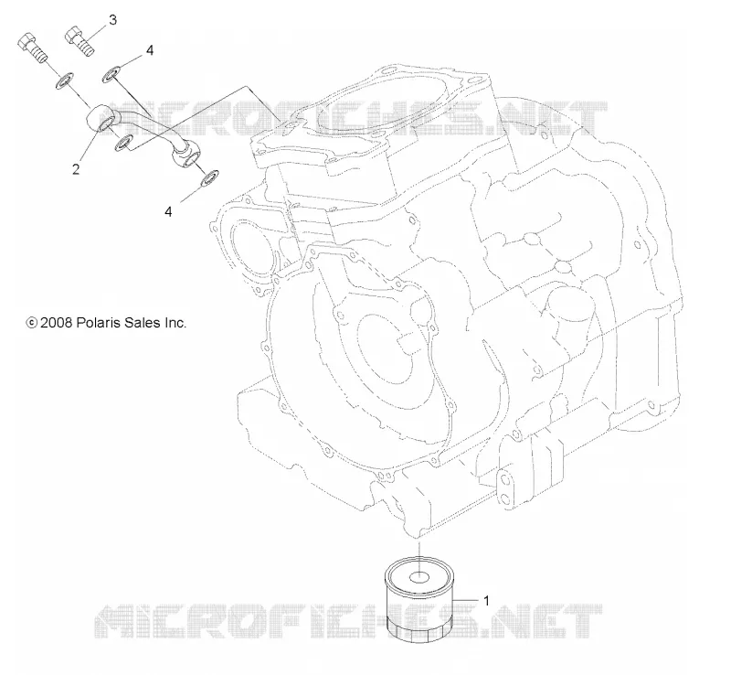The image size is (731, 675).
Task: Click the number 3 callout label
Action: pyautogui.click(x=112, y=20)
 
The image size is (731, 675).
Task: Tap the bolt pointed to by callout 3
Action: pyautogui.click(x=80, y=40)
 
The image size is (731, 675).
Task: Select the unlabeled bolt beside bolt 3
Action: pyautogui.click(x=33, y=48)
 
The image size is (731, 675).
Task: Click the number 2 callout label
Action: pyautogui.click(x=76, y=168)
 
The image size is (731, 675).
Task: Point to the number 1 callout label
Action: pyautogui.click(x=486, y=601)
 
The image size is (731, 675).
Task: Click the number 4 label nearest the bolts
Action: pyautogui.click(x=150, y=50)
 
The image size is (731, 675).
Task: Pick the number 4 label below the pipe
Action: pyautogui.click(x=168, y=211)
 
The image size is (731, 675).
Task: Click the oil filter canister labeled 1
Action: pyautogui.click(x=419, y=599)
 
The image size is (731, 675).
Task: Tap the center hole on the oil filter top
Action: pyautogui.click(x=419, y=578)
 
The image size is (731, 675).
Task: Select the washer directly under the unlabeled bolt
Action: pyautogui.click(x=64, y=80)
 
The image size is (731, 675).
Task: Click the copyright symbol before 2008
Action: pyautogui.click(x=32, y=323)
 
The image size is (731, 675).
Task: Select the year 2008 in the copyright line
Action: pyautogui.click(x=56, y=323)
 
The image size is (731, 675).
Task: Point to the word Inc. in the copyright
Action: pyautogui.click(x=175, y=323)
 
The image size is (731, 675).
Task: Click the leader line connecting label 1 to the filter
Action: pyautogui.click(x=466, y=599)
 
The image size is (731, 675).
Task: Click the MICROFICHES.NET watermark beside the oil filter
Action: pyautogui.click(x=348, y=621)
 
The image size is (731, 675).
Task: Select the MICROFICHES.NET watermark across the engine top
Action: pyautogui.click(x=346, y=119)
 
